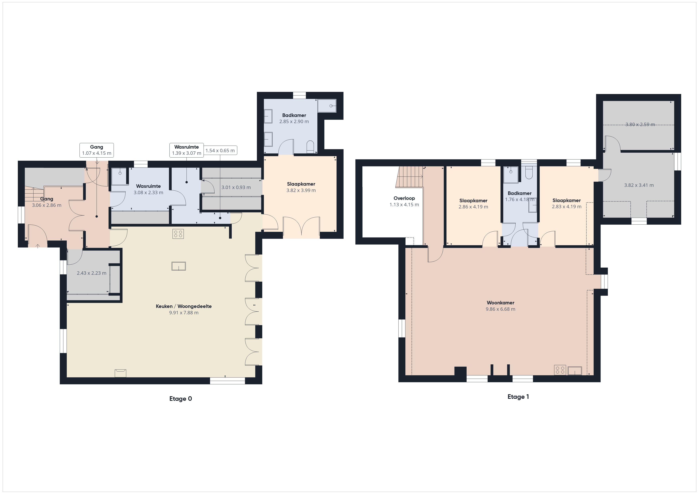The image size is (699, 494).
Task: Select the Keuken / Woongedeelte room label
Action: coord(184,306)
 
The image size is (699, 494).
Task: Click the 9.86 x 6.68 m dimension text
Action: coord(500,309)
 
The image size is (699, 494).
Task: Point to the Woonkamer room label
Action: coord(500,303)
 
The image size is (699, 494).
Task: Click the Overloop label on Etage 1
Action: coord(404,198)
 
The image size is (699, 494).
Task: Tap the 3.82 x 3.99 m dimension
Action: coord(301,190)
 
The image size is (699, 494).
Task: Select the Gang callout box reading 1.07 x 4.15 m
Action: coord(96,150)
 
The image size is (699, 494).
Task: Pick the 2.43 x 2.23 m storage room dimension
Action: coord(91,273)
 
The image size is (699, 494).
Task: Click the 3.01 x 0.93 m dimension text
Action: coord(236,187)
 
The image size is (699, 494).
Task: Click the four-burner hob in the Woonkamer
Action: coord(560,370)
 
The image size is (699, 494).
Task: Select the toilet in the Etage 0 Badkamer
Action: coord(310,147)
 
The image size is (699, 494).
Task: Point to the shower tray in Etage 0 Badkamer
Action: coord(327,105)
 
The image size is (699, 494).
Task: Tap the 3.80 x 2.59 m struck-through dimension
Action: coord(640,124)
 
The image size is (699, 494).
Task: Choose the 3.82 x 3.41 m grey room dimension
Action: coord(639,185)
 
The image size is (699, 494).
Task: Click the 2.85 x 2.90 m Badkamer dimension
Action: coord(294,121)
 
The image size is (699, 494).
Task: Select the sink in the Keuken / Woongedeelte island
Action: coord(179,266)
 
